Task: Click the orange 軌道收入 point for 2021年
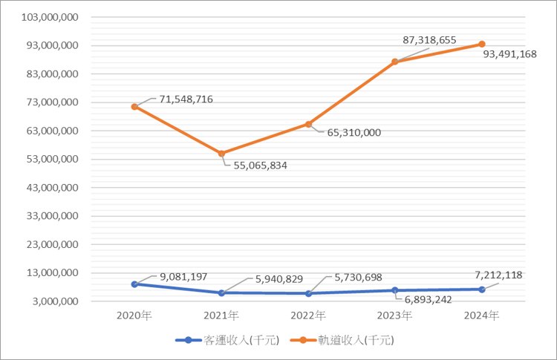[221, 154]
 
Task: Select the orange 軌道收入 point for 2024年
[482, 44]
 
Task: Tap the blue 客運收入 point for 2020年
[134, 284]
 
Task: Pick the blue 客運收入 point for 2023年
[395, 290]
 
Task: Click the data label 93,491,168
[515, 54]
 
